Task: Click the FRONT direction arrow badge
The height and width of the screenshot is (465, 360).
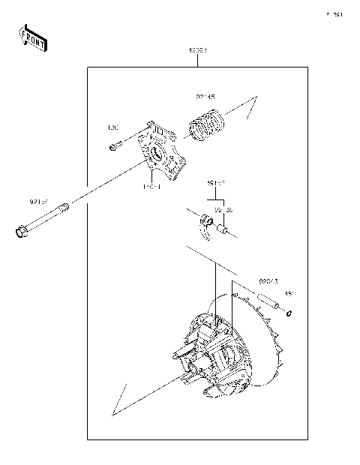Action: coord(32,37)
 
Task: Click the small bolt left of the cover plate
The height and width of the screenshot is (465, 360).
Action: coord(114,148)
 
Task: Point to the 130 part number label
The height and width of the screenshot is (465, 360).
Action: coord(114,127)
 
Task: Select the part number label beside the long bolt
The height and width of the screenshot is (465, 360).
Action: coord(39,202)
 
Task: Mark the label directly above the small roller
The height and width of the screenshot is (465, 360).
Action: coord(223,211)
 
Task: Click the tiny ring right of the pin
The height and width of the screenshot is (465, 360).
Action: coord(289,313)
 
